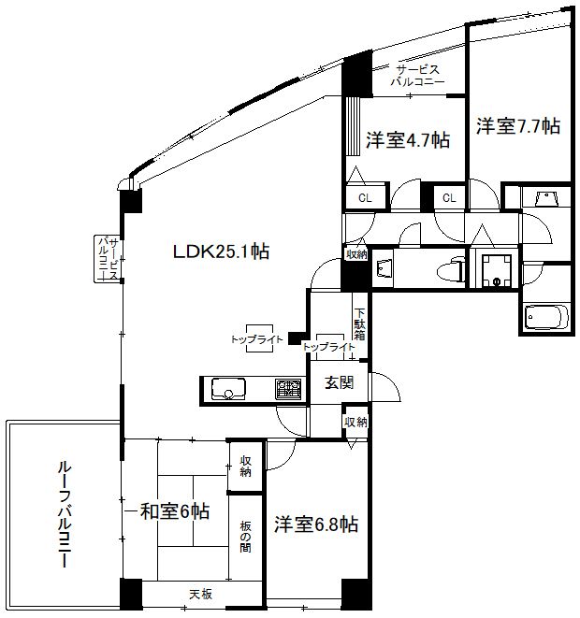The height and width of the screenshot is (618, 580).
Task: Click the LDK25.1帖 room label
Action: coord(221,252)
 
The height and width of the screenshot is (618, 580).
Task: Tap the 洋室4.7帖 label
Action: coord(407,140)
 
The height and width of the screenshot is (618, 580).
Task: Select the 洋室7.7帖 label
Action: coord(517,125)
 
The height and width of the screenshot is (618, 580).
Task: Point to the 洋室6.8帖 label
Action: coord(316,525)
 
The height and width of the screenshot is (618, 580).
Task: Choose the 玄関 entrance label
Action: coord(339,381)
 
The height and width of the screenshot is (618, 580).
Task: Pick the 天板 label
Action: coord(200,594)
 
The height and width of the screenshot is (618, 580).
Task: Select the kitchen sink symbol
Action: coord(228,388)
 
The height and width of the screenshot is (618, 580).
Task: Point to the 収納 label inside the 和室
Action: coord(246,466)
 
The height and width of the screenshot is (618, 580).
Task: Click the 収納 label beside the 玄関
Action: coord(355,422)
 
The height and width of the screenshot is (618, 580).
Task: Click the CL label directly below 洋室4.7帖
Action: coord(365,198)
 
